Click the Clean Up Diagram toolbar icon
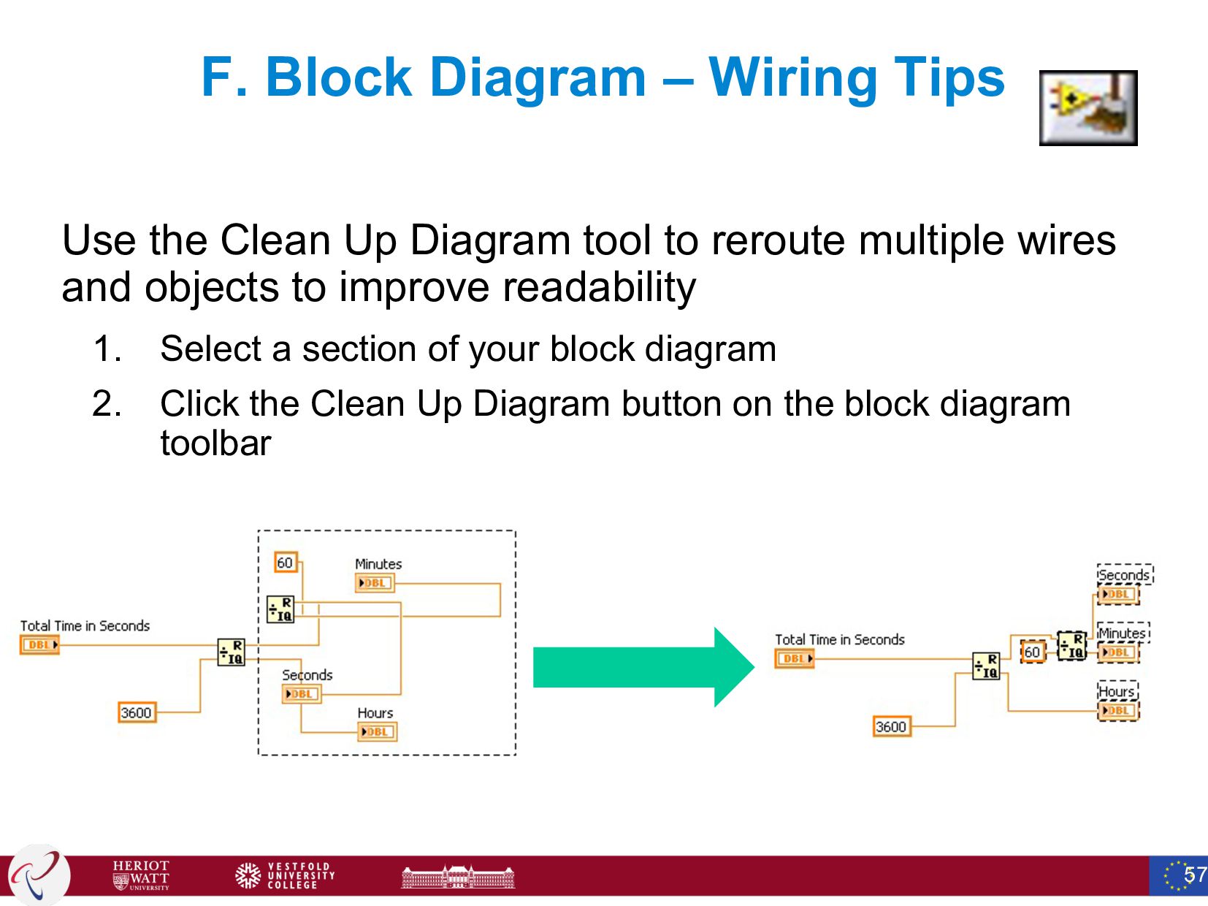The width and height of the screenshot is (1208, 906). coord(1087,108)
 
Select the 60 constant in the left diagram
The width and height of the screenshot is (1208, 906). coord(285,563)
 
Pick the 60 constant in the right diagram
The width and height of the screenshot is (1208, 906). coord(1031,652)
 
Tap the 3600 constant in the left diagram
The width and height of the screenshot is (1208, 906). coord(137,712)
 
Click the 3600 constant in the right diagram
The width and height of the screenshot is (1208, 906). coord(891,727)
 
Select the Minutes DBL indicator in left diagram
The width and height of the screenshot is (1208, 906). coord(375,583)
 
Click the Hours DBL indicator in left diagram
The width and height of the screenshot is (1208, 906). coord(377,731)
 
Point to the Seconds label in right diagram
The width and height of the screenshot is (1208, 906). coord(1124,575)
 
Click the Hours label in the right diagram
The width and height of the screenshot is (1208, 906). coord(1117,691)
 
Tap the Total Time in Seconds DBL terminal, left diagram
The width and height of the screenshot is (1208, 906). coord(39,645)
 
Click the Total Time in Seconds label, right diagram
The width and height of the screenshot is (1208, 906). coord(839,639)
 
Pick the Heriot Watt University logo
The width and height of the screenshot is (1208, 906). coord(141,875)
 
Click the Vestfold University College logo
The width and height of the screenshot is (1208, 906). coord(285,875)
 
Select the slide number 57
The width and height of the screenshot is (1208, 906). coord(1195,875)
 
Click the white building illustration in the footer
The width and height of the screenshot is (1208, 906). coord(458,876)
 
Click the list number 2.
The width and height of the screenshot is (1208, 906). coord(106,404)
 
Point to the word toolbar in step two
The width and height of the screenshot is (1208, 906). coord(215,444)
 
